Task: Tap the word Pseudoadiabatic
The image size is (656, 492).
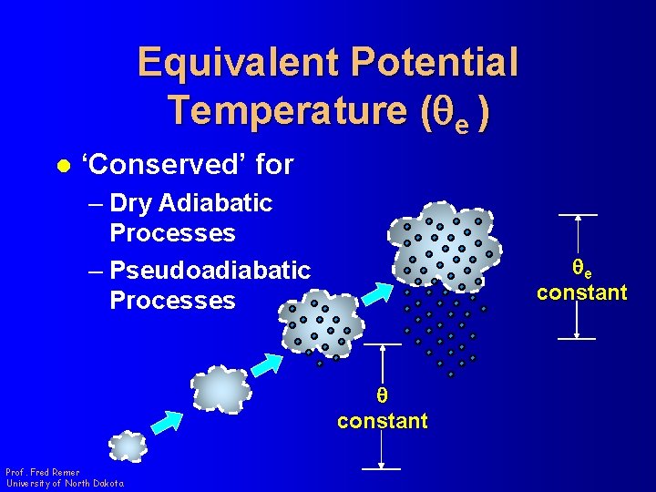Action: (209, 271)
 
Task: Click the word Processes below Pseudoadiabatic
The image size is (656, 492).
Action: (172, 301)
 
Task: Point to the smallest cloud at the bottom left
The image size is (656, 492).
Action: (128, 446)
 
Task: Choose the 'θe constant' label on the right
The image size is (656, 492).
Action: (581, 281)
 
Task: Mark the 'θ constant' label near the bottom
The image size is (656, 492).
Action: (382, 409)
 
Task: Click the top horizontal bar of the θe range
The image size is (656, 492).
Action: (578, 215)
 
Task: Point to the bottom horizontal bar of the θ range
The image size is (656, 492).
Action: (382, 468)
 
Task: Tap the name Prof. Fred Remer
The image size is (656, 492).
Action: (42, 472)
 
